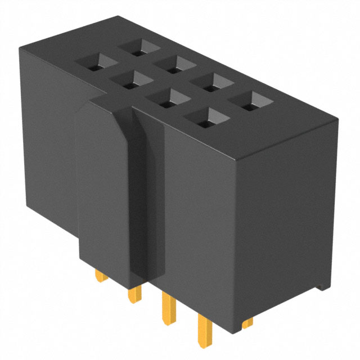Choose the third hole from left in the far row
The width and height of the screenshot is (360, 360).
(211, 83)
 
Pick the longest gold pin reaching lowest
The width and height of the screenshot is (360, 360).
(203, 329)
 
